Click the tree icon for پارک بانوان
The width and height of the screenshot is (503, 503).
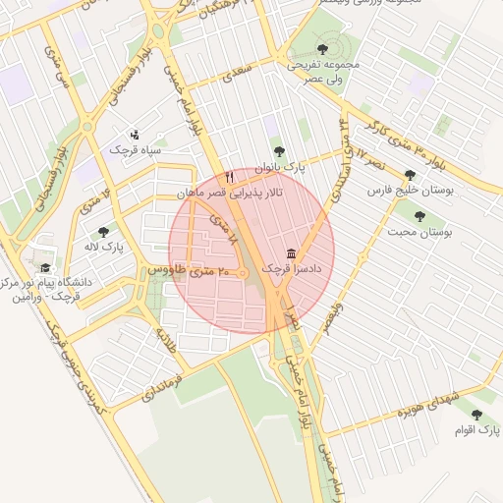click(x=279, y=151)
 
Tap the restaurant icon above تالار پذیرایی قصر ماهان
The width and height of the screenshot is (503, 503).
click(x=229, y=177)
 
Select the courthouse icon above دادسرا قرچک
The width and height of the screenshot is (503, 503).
click(x=291, y=251)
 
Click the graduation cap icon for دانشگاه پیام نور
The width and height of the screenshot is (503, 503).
click(x=44, y=267)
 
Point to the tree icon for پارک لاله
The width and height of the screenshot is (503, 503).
click(x=103, y=233)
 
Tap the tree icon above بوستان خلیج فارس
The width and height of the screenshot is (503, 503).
click(x=410, y=175)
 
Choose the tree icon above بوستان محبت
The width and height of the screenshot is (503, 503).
click(x=419, y=216)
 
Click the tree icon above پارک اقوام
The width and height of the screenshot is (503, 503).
click(x=477, y=416)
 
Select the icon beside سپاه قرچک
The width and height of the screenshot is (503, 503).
click(x=135, y=134)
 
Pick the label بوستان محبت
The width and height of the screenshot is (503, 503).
click(x=419, y=232)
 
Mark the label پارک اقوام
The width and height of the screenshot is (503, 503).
click(x=477, y=430)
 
